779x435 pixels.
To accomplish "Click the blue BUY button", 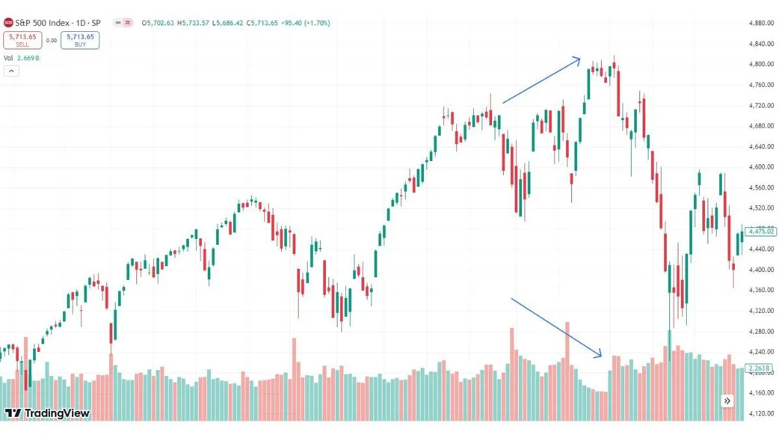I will point(80,40).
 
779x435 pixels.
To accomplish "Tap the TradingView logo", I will point(47,413).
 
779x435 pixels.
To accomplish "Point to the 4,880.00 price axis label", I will point(761,23).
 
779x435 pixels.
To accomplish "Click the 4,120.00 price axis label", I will point(761,413).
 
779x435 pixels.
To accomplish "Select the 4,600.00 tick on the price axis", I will point(761,167).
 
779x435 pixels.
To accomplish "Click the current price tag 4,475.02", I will point(761,231).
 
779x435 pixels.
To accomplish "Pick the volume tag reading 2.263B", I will point(760,369).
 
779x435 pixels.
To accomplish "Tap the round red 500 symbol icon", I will point(8,23).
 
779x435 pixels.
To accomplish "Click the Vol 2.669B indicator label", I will point(21,58).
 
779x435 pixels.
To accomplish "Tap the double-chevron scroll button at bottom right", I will point(727,401).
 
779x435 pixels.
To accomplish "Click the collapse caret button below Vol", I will point(11,71).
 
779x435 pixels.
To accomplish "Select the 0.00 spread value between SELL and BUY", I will point(52,40).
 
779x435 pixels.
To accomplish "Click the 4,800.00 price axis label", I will point(761,64).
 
